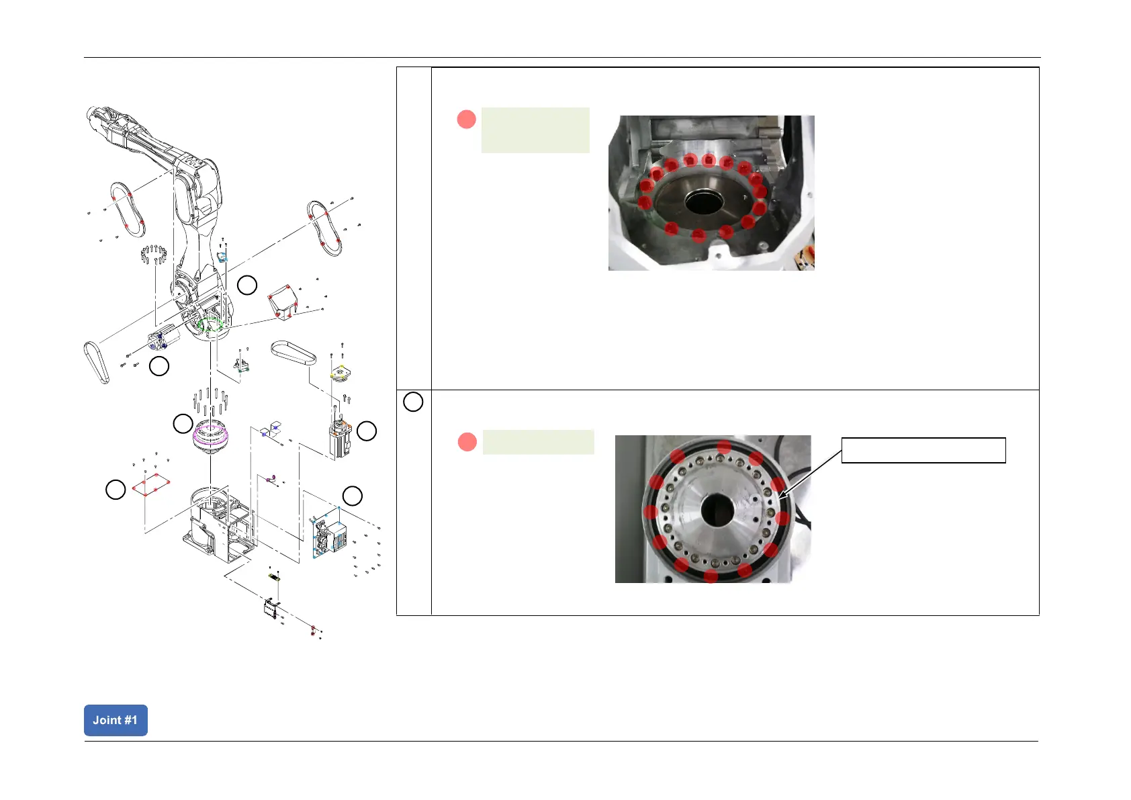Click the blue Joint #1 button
tap(116, 720)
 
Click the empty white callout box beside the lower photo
tap(923, 450)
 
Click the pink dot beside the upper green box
tap(466, 120)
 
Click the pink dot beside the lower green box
tap(467, 442)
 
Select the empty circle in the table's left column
tap(413, 402)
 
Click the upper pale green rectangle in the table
tap(535, 130)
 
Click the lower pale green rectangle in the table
tap(538, 442)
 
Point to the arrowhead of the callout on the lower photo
tap(781, 497)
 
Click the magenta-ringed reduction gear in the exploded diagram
tap(211, 435)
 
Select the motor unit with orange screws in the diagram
tap(341, 437)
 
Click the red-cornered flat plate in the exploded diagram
tap(150, 484)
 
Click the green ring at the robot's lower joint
tap(212, 325)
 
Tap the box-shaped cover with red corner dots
tap(282, 302)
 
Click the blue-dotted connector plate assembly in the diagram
tap(328, 535)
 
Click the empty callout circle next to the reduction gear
tap(183, 424)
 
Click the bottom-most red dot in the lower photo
tap(711, 576)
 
